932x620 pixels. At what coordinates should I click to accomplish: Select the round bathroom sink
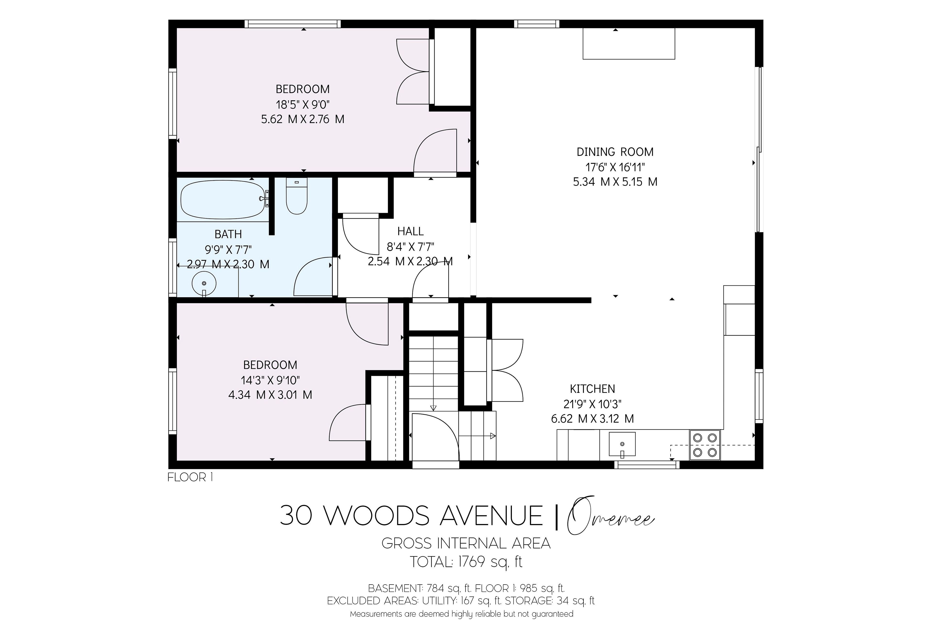click(204, 283)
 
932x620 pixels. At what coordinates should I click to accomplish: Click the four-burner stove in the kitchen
click(705, 445)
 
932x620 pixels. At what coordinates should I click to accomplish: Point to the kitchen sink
click(622, 445)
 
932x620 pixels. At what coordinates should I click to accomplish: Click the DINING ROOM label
click(615, 152)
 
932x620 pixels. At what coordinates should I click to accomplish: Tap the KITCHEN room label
click(592, 389)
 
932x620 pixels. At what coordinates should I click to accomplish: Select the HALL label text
click(410, 231)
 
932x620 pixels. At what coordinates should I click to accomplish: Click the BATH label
click(228, 234)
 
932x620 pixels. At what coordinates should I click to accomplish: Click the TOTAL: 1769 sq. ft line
click(466, 562)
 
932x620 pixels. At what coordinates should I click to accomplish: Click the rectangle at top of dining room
click(629, 43)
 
